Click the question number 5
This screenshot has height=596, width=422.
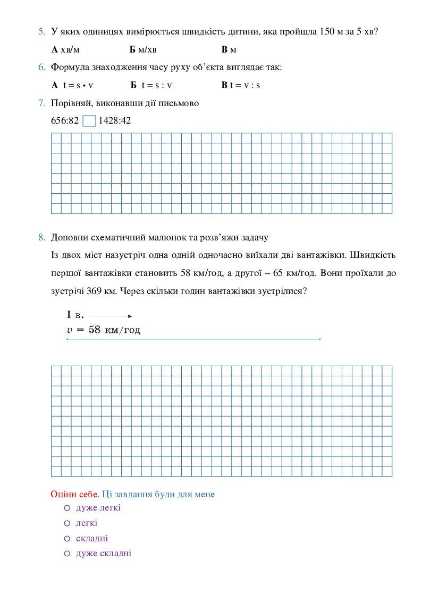click(x=41, y=31)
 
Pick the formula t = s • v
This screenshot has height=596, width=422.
click(x=73, y=85)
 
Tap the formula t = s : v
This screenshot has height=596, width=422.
click(x=151, y=85)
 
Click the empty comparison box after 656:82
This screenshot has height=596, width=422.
click(x=89, y=121)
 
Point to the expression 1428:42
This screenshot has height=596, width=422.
click(x=115, y=120)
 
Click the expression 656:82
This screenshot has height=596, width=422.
click(x=65, y=120)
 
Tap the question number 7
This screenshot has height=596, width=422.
click(x=41, y=103)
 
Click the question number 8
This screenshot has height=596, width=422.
click(x=41, y=237)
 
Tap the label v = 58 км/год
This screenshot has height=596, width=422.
click(x=104, y=330)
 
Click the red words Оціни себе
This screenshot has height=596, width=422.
click(x=74, y=494)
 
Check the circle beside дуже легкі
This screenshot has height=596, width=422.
click(x=67, y=508)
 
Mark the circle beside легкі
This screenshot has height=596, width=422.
click(x=67, y=523)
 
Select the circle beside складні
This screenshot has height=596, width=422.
click(x=67, y=538)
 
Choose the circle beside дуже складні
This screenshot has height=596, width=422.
click(x=67, y=554)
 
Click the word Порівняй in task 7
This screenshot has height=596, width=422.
click(x=69, y=103)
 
